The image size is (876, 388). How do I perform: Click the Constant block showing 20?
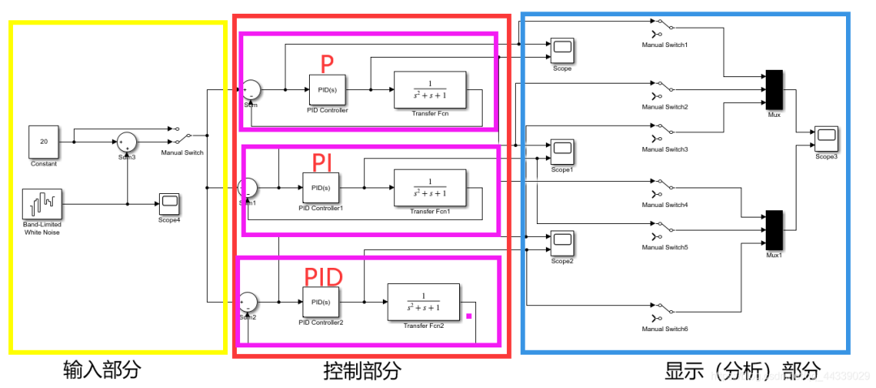[44, 141]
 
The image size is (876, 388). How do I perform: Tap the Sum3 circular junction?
[127, 142]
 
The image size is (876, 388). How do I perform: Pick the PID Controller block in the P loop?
[327, 89]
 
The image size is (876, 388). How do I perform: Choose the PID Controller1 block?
[320, 188]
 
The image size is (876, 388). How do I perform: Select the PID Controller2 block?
[320, 302]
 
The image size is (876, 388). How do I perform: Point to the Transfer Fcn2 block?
[423, 302]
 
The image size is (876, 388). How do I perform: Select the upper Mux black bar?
[774, 89]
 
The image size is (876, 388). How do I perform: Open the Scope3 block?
[827, 138]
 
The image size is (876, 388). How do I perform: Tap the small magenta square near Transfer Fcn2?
[468, 317]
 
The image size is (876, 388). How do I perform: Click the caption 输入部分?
[102, 371]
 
